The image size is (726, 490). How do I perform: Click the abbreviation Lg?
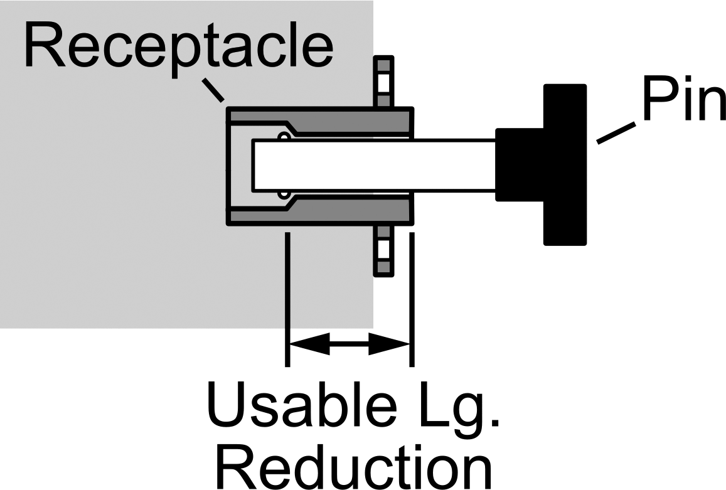click(459, 410)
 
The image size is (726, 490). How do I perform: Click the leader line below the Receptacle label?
click(213, 90)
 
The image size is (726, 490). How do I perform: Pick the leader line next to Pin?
click(616, 133)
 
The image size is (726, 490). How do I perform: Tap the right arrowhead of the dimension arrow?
click(389, 344)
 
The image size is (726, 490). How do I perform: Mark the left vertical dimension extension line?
click(287, 299)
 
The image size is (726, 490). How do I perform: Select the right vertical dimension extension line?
click(412, 299)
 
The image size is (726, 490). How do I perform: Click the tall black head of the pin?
click(565, 165)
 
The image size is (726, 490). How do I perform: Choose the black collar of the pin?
click(519, 165)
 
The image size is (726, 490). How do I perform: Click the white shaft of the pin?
click(374, 166)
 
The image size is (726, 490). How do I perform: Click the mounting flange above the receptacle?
click(383, 82)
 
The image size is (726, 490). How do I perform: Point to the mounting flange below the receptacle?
click(383, 250)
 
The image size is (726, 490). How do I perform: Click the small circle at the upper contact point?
click(284, 136)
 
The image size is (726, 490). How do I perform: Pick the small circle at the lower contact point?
click(284, 194)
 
